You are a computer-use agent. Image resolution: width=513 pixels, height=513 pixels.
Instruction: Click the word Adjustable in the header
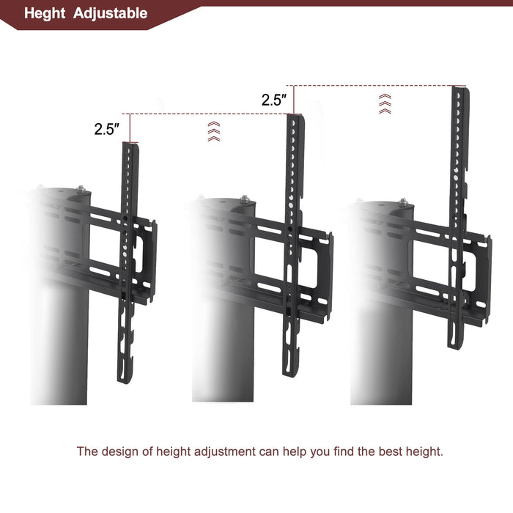(110, 13)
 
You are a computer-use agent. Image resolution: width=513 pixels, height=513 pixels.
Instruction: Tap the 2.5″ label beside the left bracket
(106, 129)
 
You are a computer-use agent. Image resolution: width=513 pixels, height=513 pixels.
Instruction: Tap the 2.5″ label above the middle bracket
(273, 100)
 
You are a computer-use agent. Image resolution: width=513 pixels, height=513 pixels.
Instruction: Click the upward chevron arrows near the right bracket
(385, 103)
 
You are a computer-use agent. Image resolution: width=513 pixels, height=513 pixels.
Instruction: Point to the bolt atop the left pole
(82, 191)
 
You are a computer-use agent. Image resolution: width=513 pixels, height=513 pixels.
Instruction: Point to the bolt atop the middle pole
(245, 199)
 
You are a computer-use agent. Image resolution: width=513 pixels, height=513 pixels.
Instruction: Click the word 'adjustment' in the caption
(220, 451)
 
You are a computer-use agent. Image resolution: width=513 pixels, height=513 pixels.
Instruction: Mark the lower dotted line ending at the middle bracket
(209, 114)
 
